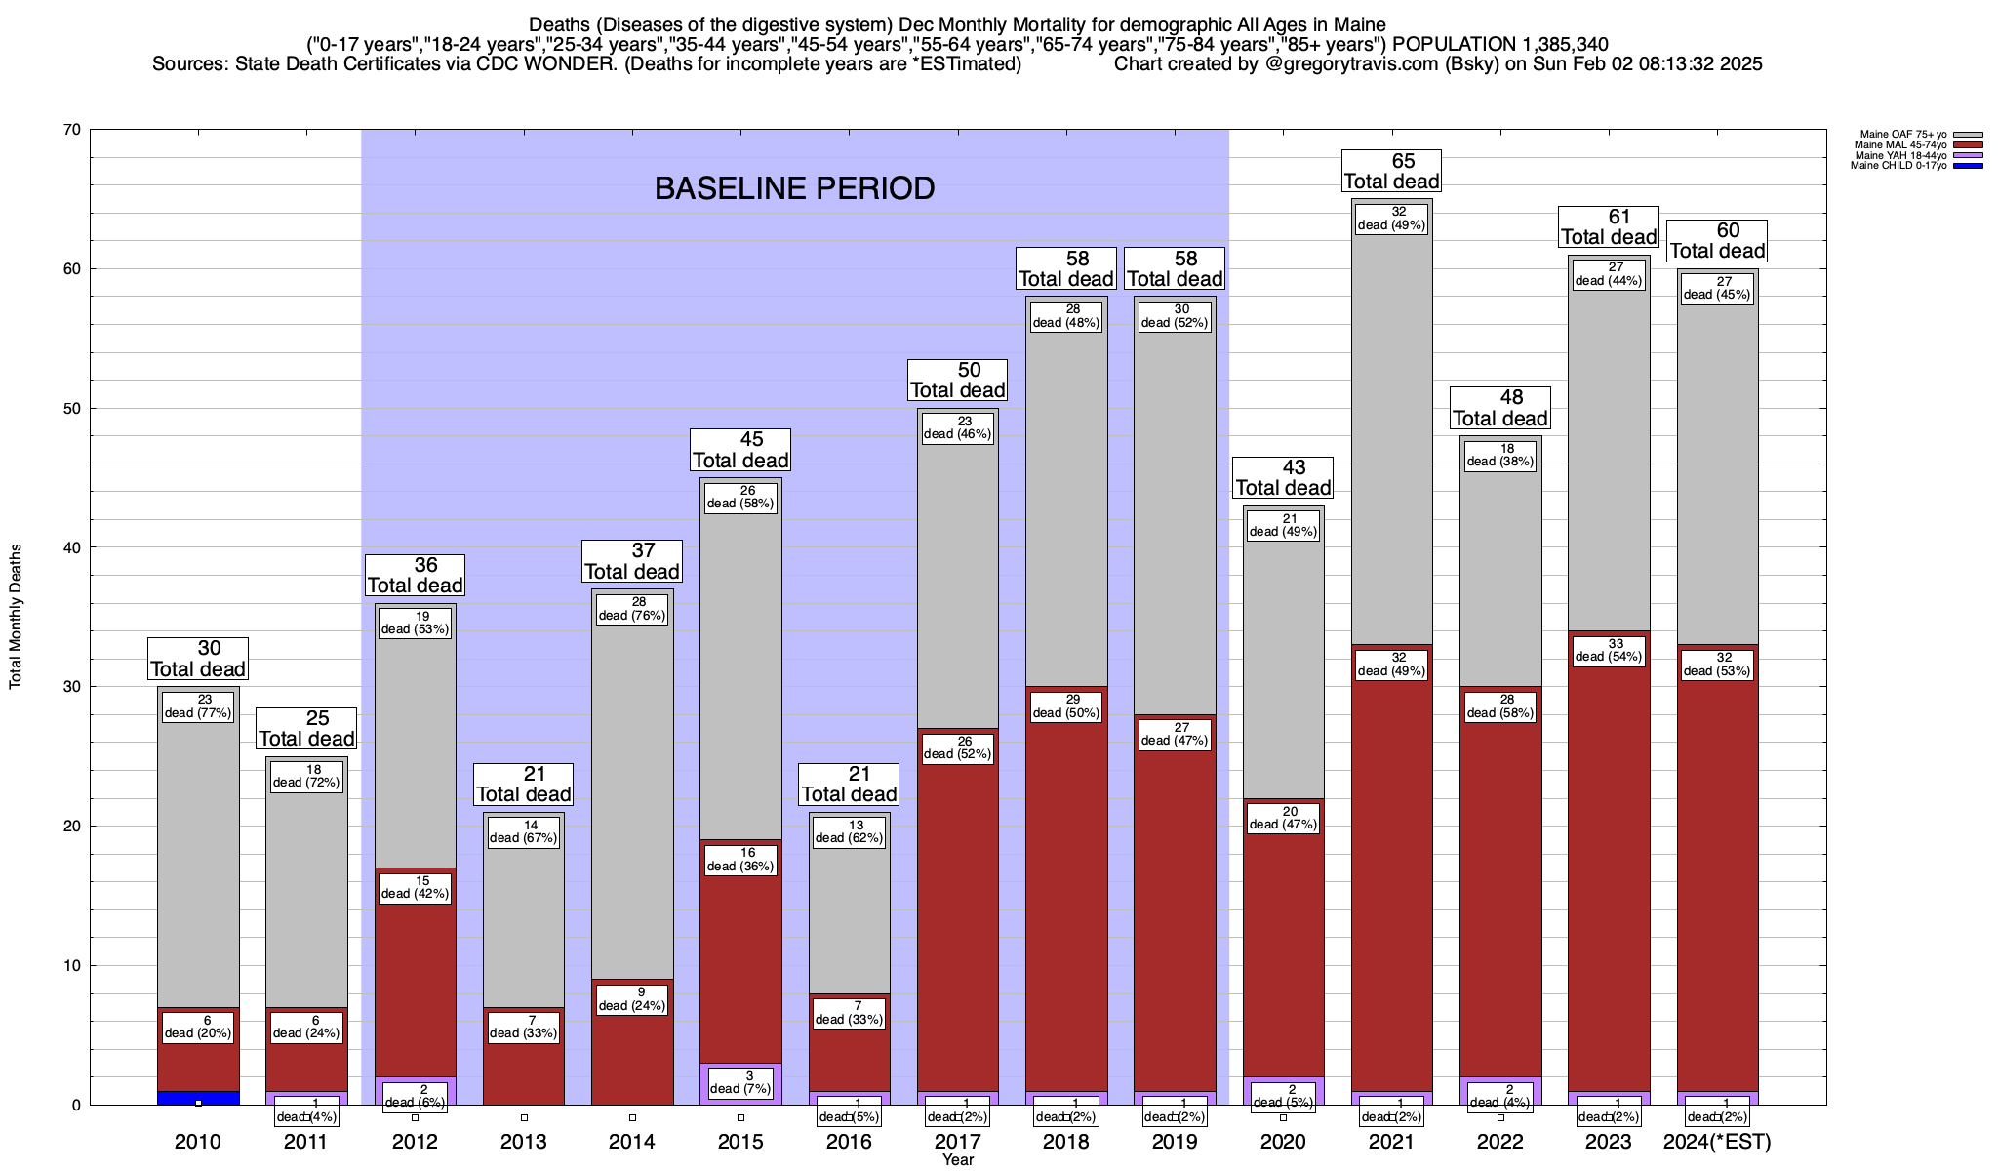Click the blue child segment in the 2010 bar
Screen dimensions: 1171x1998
198,1098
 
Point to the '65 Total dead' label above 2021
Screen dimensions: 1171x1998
1392,172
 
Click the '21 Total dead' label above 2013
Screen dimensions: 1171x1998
524,785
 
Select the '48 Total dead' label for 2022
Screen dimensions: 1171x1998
1500,408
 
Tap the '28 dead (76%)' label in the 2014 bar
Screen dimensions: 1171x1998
632,609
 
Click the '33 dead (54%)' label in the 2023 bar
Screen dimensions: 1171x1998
1609,651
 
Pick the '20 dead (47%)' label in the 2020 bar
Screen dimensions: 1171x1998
1284,818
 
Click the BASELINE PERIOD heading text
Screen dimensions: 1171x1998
794,188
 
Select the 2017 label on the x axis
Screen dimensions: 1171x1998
958,1142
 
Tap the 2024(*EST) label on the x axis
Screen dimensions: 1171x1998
1717,1142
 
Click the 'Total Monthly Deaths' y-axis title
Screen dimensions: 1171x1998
16,616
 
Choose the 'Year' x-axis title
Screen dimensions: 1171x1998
958,1160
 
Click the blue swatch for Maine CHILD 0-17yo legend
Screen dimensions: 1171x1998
1968,166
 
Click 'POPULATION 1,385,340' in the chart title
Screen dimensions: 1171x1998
1500,45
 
